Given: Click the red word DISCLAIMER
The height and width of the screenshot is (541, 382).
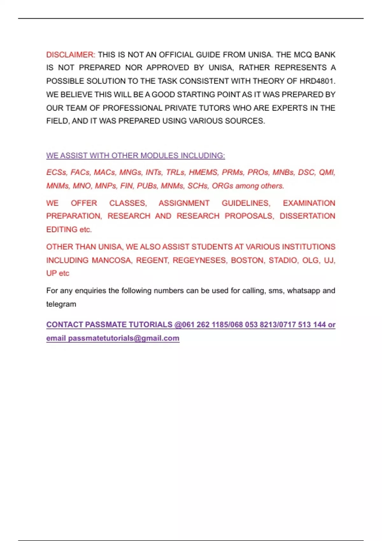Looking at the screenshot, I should click(x=70, y=55).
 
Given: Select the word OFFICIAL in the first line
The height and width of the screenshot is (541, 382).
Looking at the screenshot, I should click(x=176, y=55).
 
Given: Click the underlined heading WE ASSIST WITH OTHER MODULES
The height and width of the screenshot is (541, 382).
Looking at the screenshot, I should click(x=135, y=156).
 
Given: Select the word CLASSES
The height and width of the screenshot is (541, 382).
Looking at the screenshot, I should click(x=128, y=203).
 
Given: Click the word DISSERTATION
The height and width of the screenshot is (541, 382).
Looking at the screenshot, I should click(x=307, y=216).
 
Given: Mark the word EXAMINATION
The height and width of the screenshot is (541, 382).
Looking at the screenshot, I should click(x=309, y=203).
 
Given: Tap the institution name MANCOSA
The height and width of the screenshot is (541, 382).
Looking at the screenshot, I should click(x=112, y=260).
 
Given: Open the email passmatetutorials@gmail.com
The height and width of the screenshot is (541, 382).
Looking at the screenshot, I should click(x=124, y=338).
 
